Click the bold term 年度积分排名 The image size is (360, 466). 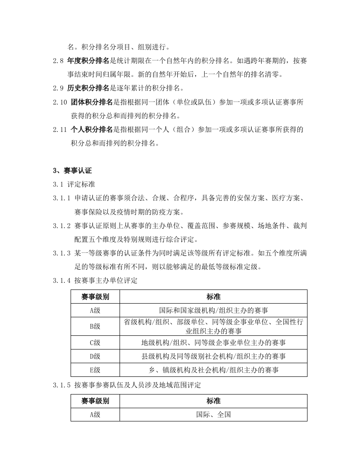pyautogui.click(x=88, y=61)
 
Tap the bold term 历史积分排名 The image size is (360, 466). pyautogui.click(x=88, y=88)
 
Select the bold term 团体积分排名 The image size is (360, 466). pyautogui.click(x=92, y=102)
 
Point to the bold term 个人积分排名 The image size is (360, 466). pyautogui.click(x=92, y=130)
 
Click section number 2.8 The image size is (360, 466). pyautogui.click(x=58, y=61)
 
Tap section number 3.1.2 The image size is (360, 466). pyautogui.click(x=62, y=225)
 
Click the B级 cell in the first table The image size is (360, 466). pyautogui.click(x=95, y=327)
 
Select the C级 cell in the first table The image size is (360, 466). pyautogui.click(x=95, y=342)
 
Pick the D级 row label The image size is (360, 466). pyautogui.click(x=95, y=356)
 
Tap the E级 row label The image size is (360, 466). pyautogui.click(x=95, y=370)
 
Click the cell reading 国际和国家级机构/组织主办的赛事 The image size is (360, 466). pyautogui.click(x=213, y=310)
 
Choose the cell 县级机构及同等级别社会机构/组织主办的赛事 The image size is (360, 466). pyautogui.click(x=213, y=356)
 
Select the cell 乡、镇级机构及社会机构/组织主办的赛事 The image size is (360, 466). pyautogui.click(x=213, y=370)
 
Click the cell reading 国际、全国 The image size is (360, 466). pyautogui.click(x=213, y=415)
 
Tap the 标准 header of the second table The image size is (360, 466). pyautogui.click(x=213, y=401)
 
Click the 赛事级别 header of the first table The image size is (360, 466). pyautogui.click(x=95, y=297)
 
